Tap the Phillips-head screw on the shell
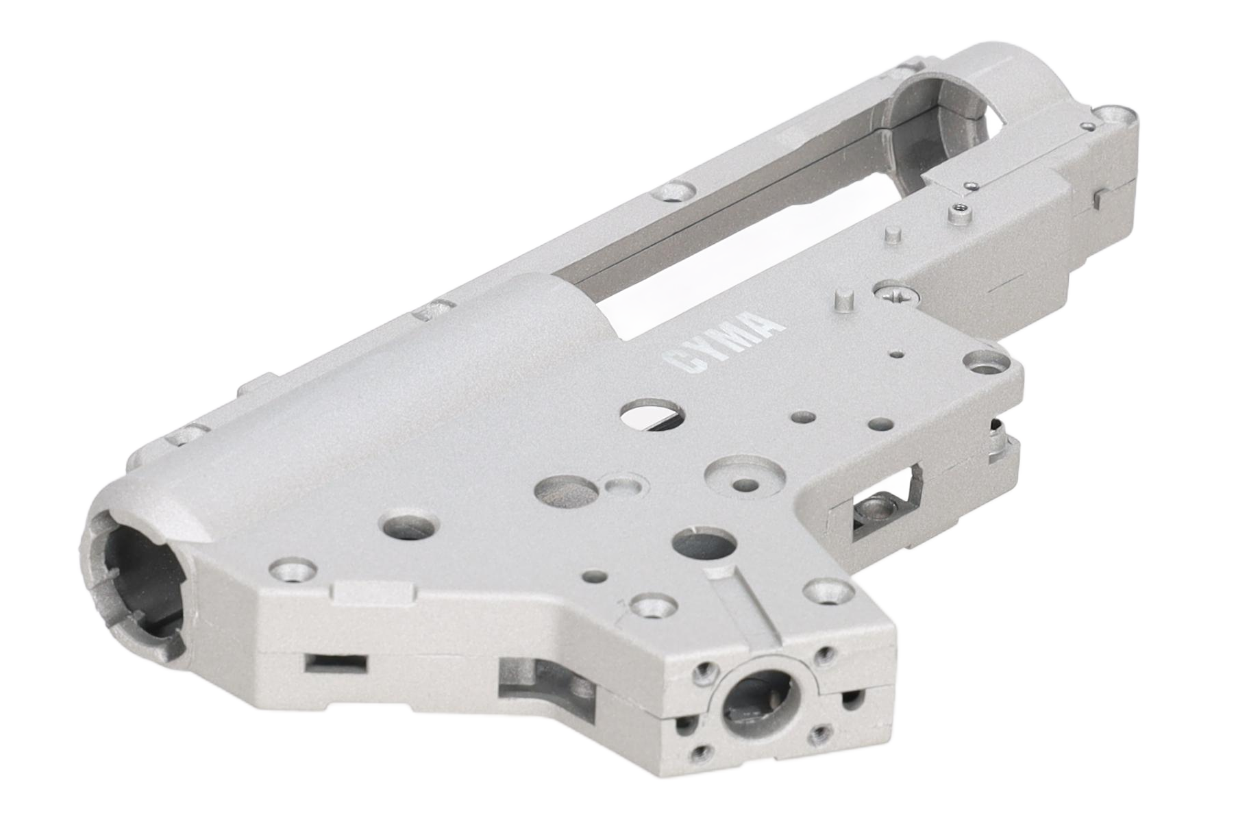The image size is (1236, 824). tap(898, 294)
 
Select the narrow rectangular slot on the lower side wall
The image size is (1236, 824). tap(336, 662)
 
